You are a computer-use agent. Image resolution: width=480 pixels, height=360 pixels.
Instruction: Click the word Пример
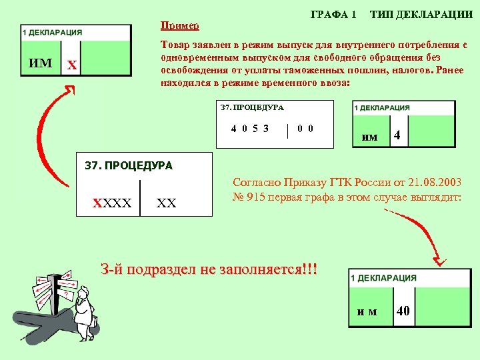click(179, 25)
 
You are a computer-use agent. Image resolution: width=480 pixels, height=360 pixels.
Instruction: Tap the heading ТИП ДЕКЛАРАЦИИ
click(417, 14)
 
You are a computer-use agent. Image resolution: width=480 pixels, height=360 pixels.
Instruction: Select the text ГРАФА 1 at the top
click(333, 14)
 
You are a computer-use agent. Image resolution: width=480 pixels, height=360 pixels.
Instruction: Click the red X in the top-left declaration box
click(72, 65)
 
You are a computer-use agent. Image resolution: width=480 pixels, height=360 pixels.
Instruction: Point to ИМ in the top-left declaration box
click(41, 63)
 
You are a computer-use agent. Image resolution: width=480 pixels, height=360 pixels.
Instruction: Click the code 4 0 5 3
click(250, 129)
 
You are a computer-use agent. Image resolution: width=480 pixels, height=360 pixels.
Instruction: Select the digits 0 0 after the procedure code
click(305, 129)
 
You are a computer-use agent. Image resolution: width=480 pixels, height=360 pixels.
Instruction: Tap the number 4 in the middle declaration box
click(397, 135)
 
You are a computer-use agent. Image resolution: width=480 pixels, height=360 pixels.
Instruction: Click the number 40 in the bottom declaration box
click(403, 311)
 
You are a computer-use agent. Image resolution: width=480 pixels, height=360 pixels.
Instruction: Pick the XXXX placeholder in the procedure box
click(112, 202)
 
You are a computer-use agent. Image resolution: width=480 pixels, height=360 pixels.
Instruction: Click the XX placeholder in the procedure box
click(166, 203)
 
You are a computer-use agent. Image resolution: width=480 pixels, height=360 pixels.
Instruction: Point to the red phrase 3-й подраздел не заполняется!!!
click(209, 270)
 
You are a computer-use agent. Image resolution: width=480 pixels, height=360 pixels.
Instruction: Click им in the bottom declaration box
click(367, 311)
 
